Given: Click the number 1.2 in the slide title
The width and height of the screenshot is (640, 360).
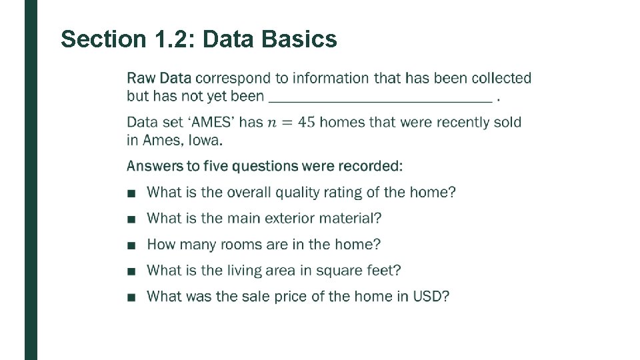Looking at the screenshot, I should tap(167, 39).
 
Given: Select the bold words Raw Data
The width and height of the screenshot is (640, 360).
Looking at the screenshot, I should tap(159, 78).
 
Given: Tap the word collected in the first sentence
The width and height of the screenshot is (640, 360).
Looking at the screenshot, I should tap(501, 78).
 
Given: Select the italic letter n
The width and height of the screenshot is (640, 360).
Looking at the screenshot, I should tap(271, 123).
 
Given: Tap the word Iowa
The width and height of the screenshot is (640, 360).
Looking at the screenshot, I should tap(205, 140).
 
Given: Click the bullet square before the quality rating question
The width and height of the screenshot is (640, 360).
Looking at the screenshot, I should tap(131, 194).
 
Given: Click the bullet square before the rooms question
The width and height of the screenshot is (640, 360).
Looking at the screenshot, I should tap(131, 246).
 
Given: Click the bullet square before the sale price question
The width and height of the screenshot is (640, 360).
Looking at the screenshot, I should tap(131, 298).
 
